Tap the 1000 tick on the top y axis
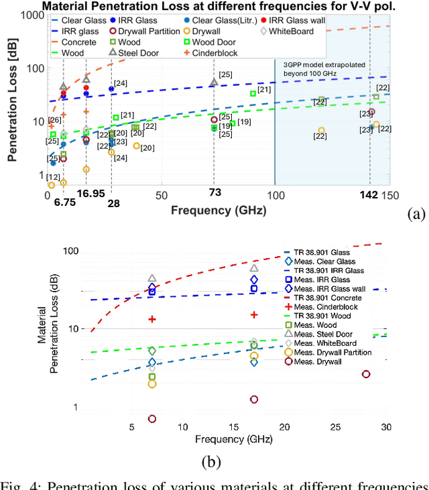33,16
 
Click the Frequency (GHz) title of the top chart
218,210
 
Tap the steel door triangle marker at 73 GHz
214,82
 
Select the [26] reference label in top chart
54,120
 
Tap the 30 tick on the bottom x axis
386,427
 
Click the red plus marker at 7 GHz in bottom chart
152,319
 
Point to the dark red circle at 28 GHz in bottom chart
366,374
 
